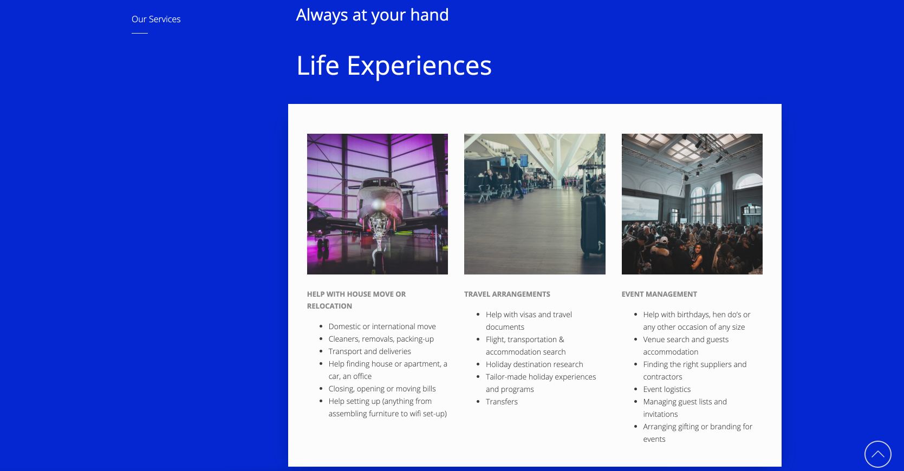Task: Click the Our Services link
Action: point(156,19)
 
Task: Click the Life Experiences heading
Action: point(394,66)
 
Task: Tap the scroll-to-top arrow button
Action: point(877,454)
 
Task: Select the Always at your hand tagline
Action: point(372,15)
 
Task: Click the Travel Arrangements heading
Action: point(507,294)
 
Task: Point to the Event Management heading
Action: point(659,294)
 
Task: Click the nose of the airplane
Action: point(378,205)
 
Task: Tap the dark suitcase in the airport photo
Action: point(593,224)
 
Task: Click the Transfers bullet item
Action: point(501,402)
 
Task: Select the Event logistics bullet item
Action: point(667,389)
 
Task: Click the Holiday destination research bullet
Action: point(534,364)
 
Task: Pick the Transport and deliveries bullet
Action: point(370,351)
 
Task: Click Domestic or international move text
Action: point(382,326)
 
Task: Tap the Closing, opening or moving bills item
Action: point(382,389)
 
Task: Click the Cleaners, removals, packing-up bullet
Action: point(381,339)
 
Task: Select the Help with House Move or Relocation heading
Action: point(356,300)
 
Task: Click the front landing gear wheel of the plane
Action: point(378,258)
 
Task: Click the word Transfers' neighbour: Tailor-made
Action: point(506,377)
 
